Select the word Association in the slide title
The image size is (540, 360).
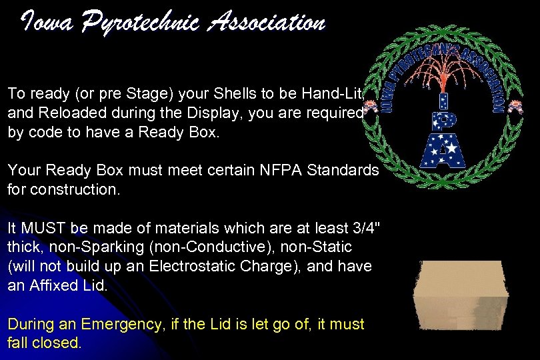point(267,23)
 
